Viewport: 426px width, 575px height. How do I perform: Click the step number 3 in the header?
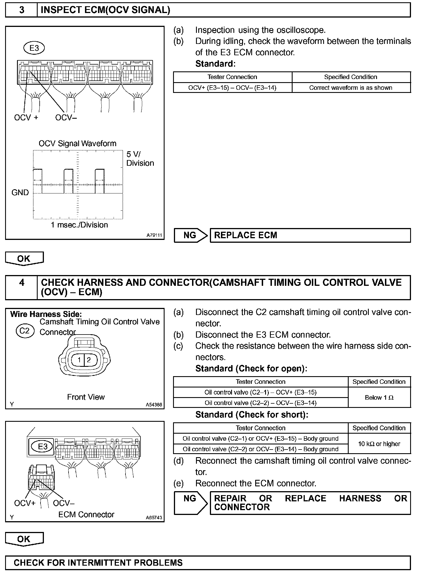click(x=22, y=10)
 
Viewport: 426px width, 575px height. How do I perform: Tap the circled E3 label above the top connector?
click(x=34, y=48)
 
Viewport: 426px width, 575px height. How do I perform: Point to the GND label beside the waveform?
click(x=20, y=193)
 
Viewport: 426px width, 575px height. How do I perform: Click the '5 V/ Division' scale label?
click(x=140, y=159)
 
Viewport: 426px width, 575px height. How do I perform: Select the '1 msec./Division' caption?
click(x=79, y=225)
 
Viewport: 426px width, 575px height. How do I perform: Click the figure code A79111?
click(x=154, y=235)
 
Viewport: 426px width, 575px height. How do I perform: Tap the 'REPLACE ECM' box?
click(x=310, y=235)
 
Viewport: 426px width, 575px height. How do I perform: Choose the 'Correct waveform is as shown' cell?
click(x=351, y=88)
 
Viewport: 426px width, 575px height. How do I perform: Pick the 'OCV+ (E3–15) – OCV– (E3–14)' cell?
click(x=232, y=88)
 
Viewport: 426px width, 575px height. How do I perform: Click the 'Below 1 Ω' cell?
click(x=379, y=397)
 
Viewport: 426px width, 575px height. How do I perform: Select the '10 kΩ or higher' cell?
click(x=379, y=444)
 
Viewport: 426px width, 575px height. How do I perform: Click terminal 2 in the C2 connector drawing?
click(x=89, y=360)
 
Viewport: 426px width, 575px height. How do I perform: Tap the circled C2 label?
click(x=25, y=331)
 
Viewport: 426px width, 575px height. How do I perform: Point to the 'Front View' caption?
click(x=86, y=397)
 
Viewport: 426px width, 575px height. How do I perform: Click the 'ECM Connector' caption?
click(x=86, y=514)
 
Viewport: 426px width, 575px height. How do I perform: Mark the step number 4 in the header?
click(x=22, y=283)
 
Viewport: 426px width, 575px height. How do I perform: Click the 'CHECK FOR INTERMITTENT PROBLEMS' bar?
click(x=208, y=562)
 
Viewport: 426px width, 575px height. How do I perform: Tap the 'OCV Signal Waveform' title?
click(x=77, y=143)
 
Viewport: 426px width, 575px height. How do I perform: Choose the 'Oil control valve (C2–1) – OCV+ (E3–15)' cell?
click(x=260, y=392)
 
